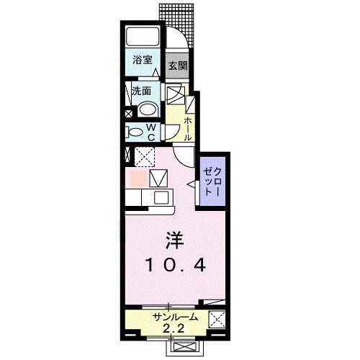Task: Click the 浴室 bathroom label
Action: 142,62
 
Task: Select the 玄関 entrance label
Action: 178,66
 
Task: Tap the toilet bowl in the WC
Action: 136,132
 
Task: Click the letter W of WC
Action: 152,127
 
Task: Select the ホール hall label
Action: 186,128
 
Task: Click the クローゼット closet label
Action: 211,181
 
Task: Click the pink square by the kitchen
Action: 137,176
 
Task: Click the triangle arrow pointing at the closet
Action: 192,185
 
